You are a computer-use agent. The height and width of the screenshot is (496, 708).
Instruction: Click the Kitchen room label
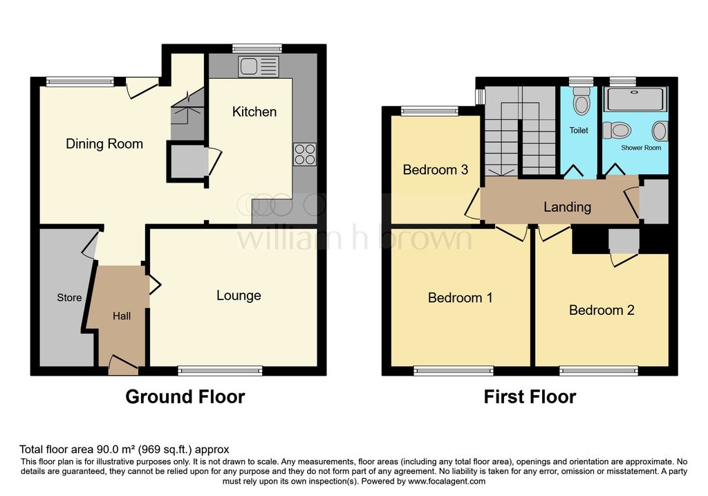[x=254, y=111]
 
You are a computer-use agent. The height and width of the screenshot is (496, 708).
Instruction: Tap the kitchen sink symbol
[x=259, y=66]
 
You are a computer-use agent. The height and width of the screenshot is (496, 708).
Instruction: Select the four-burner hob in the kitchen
[x=305, y=154]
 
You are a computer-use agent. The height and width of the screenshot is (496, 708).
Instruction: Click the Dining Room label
[x=104, y=144]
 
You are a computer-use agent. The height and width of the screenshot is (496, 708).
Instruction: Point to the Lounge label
[x=239, y=295]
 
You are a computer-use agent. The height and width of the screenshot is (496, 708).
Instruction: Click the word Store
[x=69, y=297]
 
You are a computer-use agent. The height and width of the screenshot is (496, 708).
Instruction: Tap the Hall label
[x=122, y=316]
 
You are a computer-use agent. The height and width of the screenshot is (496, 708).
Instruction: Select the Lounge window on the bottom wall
[x=220, y=371]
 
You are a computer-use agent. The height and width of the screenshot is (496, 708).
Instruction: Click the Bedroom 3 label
[x=436, y=170]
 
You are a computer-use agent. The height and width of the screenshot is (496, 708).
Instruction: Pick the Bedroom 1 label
[x=460, y=297]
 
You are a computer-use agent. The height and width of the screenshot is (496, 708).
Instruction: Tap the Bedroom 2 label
[x=602, y=310]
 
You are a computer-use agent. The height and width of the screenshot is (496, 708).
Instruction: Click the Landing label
[x=567, y=207]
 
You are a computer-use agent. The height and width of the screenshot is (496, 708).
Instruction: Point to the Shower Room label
[x=641, y=148]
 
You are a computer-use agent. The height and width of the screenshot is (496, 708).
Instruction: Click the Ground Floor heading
[x=185, y=396]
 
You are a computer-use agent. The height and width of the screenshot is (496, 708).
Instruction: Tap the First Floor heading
[x=530, y=396]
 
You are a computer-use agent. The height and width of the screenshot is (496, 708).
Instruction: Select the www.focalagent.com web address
[x=447, y=481]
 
